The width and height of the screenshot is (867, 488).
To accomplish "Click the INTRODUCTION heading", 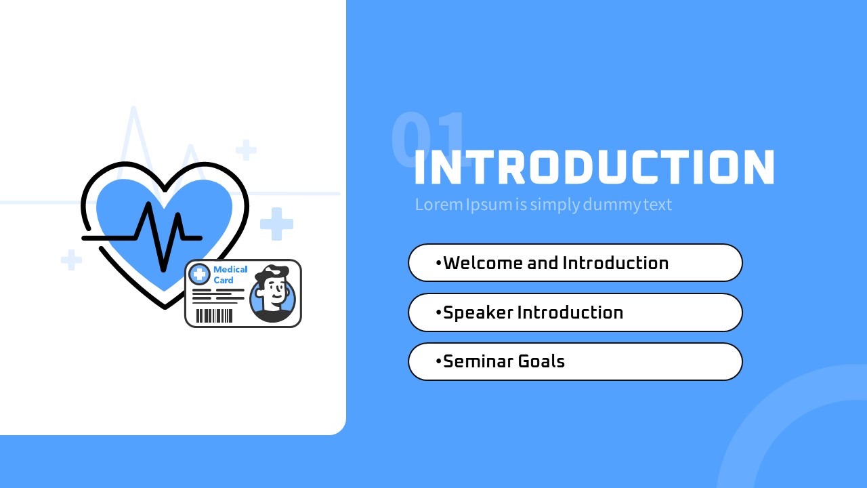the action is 595,167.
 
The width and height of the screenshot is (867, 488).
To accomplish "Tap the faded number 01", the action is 429,140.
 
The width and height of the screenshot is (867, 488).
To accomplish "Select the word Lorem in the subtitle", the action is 439,205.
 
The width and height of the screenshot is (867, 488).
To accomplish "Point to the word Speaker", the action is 478,312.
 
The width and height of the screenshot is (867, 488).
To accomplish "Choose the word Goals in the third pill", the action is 541,361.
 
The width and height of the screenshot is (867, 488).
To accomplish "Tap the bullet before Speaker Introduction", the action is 438,312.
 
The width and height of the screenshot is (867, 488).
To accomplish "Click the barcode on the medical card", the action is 215,316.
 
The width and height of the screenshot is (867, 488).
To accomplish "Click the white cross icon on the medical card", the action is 199,274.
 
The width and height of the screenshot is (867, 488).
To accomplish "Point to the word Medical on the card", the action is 230,269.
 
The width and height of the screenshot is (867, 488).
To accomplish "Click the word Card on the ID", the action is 224,280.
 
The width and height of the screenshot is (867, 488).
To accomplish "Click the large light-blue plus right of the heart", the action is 277,224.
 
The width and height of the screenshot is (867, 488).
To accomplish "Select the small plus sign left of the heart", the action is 72,260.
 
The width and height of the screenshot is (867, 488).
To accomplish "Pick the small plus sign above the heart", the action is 246,150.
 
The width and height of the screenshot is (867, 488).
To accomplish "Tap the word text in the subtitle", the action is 658,205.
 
